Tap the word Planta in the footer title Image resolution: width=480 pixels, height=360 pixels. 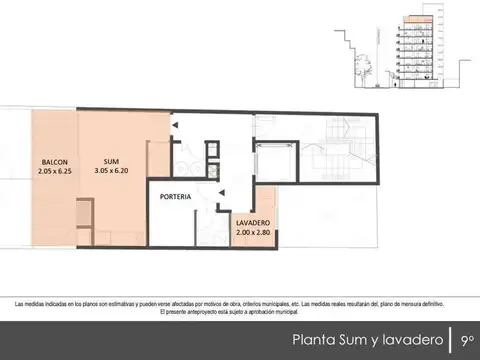[314, 339]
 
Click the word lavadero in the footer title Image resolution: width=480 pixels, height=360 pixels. [409, 339]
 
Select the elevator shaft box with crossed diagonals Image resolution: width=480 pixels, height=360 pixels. [276, 161]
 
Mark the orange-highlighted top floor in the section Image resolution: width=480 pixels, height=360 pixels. [419, 19]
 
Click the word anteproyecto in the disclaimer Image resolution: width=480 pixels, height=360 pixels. [201, 312]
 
